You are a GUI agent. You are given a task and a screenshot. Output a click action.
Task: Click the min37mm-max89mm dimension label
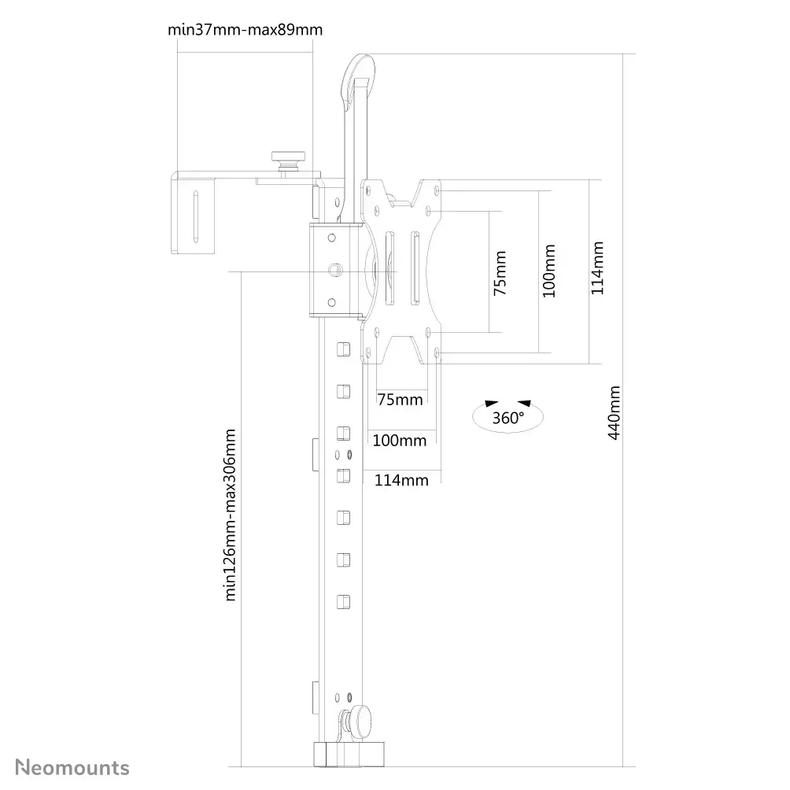(x=245, y=30)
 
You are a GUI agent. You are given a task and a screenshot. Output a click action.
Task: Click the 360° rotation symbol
(x=508, y=415)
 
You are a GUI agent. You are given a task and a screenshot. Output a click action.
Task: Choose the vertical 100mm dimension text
(x=549, y=271)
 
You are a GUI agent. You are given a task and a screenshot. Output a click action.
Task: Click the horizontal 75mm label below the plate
(x=400, y=400)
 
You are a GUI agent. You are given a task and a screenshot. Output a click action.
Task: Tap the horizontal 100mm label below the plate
(x=399, y=440)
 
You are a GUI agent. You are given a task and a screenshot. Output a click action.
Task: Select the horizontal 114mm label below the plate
(x=401, y=479)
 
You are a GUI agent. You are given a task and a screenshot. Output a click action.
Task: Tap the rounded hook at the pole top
(x=358, y=75)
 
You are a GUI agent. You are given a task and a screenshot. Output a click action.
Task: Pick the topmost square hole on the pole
(x=342, y=348)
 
